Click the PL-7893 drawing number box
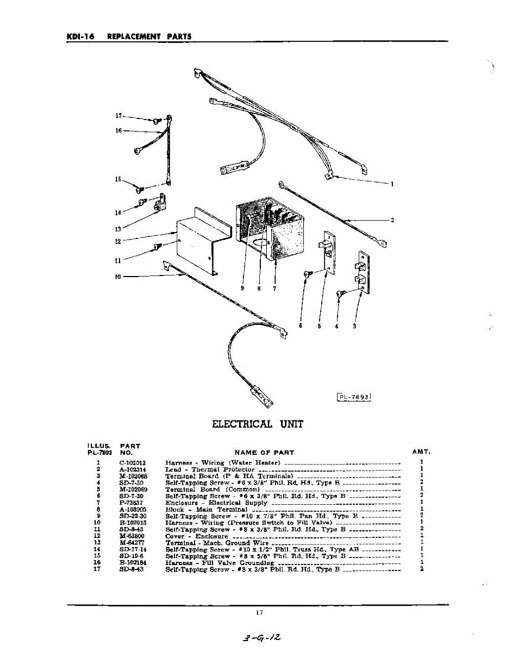coord(354,397)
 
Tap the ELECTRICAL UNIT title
coord(257,424)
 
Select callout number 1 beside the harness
coord(392,184)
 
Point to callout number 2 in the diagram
coord(392,220)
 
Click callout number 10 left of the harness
coord(117,277)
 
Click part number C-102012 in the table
coord(133,462)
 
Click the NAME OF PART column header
coord(264,452)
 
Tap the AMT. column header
coord(421,452)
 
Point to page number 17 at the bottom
coord(259,613)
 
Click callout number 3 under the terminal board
coord(354,327)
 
